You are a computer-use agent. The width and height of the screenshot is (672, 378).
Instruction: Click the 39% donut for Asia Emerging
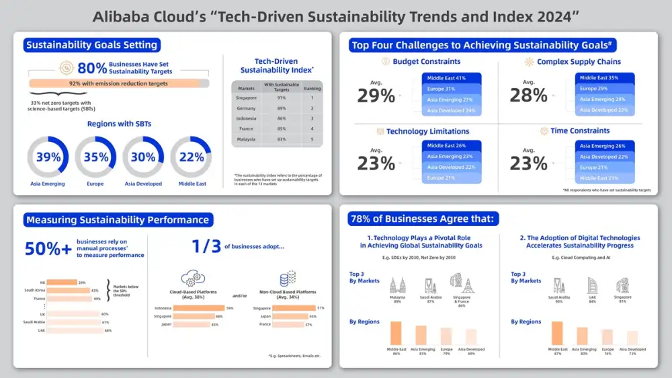(x=48, y=157)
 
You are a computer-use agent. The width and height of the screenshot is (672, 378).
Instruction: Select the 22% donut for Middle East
(x=191, y=157)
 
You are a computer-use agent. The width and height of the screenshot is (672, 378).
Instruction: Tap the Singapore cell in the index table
(x=247, y=98)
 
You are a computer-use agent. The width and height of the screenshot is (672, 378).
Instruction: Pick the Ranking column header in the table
(x=312, y=87)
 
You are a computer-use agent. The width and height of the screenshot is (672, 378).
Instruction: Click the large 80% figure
(x=92, y=68)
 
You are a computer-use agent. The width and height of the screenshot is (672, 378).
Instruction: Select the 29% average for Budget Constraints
(x=376, y=95)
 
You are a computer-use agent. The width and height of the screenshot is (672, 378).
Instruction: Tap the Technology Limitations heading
(x=427, y=131)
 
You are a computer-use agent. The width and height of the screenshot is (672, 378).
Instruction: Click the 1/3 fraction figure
(x=205, y=246)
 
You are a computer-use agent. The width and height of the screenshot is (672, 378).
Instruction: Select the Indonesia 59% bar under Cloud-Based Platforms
(x=189, y=308)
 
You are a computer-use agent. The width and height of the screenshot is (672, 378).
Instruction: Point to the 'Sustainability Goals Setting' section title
(x=91, y=45)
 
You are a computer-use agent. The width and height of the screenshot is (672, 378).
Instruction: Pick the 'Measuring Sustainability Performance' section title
(x=118, y=219)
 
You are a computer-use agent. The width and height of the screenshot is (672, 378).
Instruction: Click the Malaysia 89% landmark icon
(x=396, y=283)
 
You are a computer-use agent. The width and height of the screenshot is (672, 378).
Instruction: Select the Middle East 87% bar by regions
(x=557, y=333)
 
